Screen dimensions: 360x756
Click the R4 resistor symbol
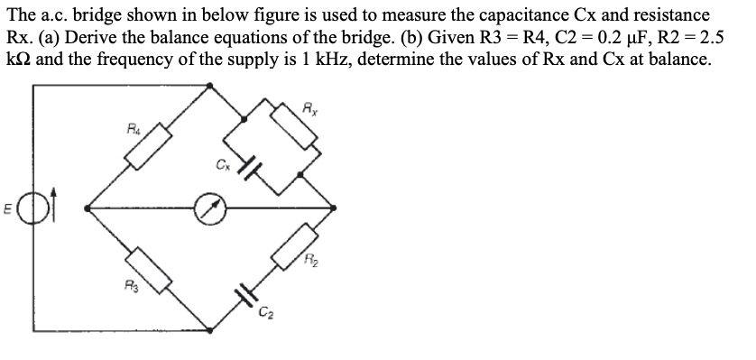pyautogui.click(x=149, y=148)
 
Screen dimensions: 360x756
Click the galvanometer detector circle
pyautogui.click(x=211, y=208)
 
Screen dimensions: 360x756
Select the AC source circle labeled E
pyautogui.click(x=36, y=208)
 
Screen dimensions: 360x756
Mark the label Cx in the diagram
pyautogui.click(x=221, y=164)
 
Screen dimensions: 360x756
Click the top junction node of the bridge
pyautogui.click(x=211, y=86)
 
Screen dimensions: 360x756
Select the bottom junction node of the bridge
pyautogui.click(x=211, y=331)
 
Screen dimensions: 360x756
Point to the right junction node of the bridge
pyautogui.click(x=336, y=208)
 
